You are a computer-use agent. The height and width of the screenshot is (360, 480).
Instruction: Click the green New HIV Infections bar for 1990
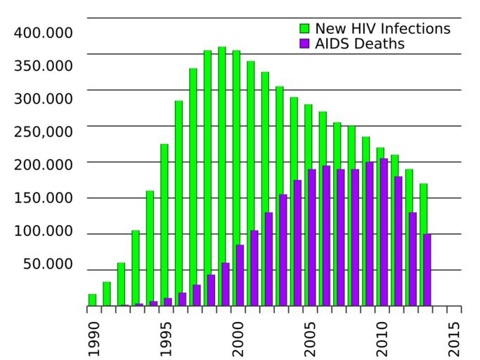(92, 300)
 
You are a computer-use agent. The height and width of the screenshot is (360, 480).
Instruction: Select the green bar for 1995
(164, 225)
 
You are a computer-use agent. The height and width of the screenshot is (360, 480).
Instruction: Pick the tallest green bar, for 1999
(222, 176)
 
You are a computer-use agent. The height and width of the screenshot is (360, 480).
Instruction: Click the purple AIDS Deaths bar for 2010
(384, 232)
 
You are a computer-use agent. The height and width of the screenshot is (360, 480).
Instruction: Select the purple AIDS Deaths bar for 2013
(427, 270)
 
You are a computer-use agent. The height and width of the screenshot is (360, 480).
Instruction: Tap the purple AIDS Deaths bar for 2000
(240, 275)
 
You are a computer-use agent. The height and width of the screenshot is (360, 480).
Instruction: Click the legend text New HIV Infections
(382, 29)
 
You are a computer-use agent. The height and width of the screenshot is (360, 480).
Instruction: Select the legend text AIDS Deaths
(360, 44)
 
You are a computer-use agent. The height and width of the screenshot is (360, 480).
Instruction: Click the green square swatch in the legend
(304, 29)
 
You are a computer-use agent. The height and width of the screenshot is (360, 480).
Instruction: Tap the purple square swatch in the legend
(304, 44)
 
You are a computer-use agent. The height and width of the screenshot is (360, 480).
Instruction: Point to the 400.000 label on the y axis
(43, 33)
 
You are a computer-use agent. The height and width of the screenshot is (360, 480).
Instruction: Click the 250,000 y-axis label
(43, 131)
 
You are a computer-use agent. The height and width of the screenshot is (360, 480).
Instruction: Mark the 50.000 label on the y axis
(48, 264)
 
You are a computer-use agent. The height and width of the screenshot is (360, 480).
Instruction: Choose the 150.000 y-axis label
(43, 198)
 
